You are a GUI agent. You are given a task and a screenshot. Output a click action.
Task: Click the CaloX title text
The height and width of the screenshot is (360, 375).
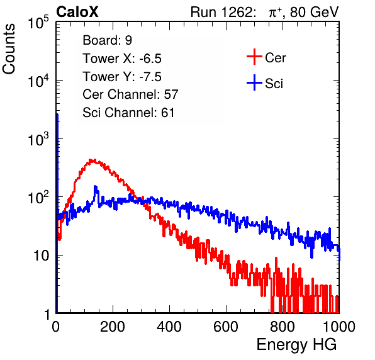[77, 12]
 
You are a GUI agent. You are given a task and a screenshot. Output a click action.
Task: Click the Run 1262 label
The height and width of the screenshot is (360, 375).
[221, 12]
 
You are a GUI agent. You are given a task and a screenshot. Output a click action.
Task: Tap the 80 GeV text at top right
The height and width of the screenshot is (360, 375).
[314, 12]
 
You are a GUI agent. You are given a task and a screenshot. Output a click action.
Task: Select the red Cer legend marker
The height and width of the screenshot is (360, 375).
[254, 57]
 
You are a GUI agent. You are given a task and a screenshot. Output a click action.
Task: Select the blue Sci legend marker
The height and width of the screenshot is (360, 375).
[254, 82]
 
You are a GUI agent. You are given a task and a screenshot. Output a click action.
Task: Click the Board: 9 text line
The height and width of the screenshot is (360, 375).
[108, 40]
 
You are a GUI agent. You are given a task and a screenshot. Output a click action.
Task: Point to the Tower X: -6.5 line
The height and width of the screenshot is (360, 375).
[122, 59]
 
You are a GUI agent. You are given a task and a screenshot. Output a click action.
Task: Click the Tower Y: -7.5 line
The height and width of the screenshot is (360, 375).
[122, 77]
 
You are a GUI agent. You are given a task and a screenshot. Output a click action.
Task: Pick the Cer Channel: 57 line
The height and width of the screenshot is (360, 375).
[130, 94]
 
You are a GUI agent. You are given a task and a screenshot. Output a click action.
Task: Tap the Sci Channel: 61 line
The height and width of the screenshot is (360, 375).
[128, 113]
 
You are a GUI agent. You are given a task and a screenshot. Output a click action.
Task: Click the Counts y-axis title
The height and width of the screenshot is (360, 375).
[9, 49]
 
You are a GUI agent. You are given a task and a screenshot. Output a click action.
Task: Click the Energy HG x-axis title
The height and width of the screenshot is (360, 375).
[296, 345]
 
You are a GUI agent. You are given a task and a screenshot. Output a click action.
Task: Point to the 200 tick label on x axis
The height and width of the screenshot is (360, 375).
[113, 327]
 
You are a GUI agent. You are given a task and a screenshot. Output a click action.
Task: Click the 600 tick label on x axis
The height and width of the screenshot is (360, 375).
[226, 327]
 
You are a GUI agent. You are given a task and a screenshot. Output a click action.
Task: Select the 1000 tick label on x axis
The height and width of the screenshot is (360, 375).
[339, 327]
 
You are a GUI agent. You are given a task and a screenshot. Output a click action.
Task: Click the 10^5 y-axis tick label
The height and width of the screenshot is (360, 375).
[38, 23]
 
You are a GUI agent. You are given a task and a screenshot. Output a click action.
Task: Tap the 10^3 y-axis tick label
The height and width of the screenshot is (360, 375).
[38, 139]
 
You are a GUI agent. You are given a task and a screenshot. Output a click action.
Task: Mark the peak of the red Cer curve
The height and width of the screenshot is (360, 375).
[91, 160]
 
